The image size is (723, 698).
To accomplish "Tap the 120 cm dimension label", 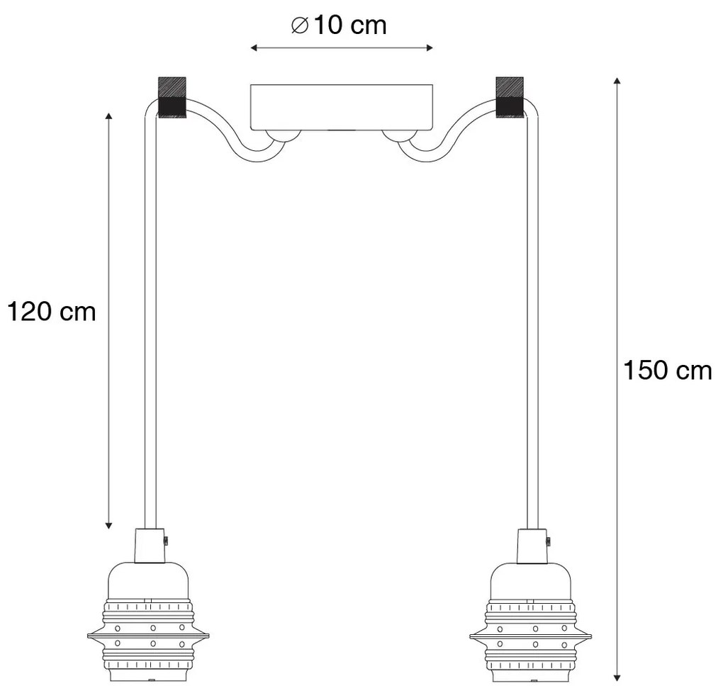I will click(x=51, y=310).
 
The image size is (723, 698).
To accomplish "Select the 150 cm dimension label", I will click(x=667, y=370).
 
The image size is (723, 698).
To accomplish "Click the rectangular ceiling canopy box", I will click(x=341, y=108).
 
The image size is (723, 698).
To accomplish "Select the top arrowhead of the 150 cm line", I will click(x=617, y=81).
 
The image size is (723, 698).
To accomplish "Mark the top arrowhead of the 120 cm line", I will click(x=108, y=116).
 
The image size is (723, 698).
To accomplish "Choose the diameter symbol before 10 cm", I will click(x=299, y=26).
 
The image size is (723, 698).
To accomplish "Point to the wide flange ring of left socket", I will click(x=148, y=636).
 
